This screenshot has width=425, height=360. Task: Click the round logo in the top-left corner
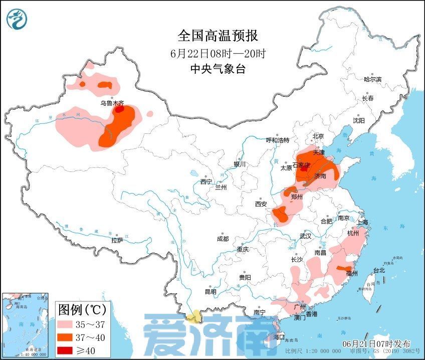17,19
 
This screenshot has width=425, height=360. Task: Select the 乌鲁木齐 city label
111,103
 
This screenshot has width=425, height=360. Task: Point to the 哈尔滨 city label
372,79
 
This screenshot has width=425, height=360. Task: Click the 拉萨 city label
117,241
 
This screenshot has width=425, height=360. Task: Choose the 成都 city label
223,239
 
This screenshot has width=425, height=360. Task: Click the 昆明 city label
210,291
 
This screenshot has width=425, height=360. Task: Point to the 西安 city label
261,204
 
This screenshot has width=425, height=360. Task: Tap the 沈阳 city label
358,121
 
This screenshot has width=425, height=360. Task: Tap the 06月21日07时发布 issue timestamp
376,344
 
